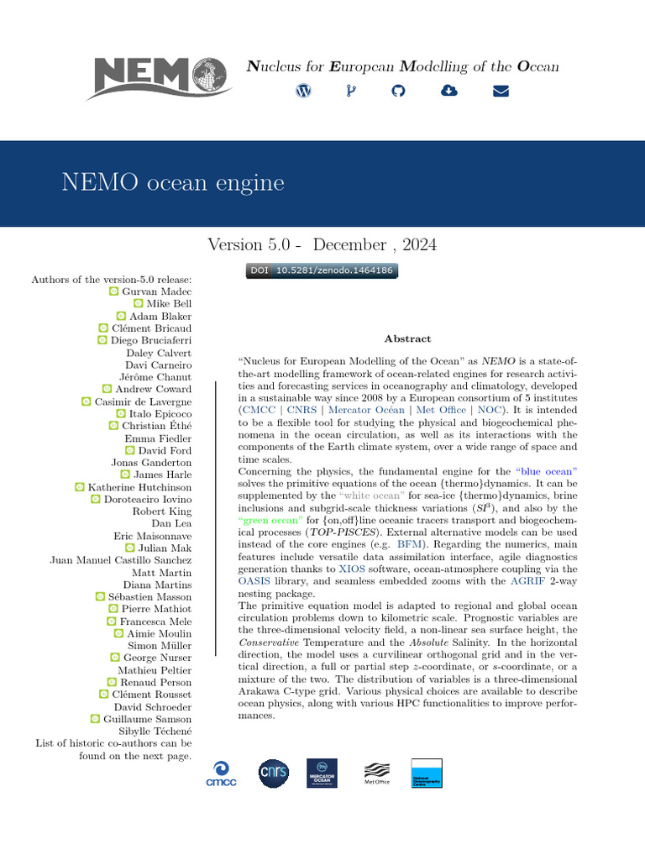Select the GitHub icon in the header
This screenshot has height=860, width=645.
(398, 91)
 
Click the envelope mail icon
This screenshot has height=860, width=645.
(501, 91)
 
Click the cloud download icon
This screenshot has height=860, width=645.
(449, 91)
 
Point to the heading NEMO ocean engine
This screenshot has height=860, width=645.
(173, 183)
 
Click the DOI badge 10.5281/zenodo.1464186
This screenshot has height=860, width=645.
(322, 271)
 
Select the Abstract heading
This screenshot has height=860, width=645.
(407, 338)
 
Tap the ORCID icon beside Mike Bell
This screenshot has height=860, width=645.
(139, 303)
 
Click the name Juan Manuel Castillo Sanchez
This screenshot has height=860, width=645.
(121, 560)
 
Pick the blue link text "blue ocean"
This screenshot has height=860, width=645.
(546, 472)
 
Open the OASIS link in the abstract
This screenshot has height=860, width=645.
(255, 581)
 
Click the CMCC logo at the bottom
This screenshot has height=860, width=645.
(222, 773)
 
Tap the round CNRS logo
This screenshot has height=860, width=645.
(273, 773)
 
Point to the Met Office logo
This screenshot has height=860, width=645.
(376, 773)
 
